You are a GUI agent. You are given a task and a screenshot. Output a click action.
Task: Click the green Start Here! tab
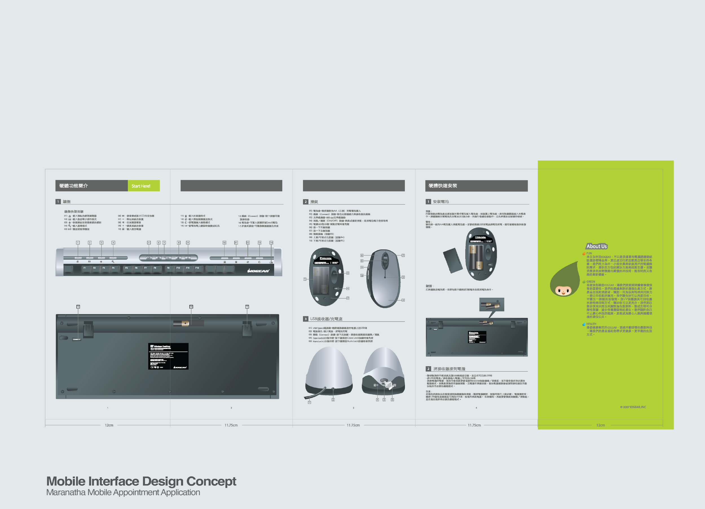[x=143, y=186]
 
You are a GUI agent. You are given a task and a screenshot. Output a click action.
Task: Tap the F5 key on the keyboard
[x=127, y=268]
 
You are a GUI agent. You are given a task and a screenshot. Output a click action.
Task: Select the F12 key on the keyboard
[x=197, y=268]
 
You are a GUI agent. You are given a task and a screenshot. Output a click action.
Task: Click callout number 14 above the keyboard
[x=271, y=243]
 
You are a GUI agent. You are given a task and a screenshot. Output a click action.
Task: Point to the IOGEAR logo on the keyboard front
[x=258, y=271]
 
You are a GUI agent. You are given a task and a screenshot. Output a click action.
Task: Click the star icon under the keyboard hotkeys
[x=101, y=262]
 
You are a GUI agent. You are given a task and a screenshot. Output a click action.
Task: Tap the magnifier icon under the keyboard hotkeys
[x=113, y=262]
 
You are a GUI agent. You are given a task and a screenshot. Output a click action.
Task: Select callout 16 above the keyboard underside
[x=191, y=307]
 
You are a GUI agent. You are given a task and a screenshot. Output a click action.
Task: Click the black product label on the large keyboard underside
[x=168, y=356]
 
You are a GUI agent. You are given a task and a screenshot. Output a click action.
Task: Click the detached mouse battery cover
[x=453, y=261]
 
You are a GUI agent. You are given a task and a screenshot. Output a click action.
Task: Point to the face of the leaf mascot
[x=563, y=291]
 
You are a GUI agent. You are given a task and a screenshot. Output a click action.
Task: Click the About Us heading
[x=596, y=246]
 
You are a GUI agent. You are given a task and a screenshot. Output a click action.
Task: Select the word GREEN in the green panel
[x=591, y=282]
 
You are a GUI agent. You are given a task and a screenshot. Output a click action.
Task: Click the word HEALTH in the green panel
[x=591, y=324]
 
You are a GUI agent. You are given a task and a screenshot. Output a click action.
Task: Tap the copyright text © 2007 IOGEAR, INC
[x=633, y=407]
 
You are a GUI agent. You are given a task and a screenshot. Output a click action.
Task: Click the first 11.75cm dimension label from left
[x=231, y=425]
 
